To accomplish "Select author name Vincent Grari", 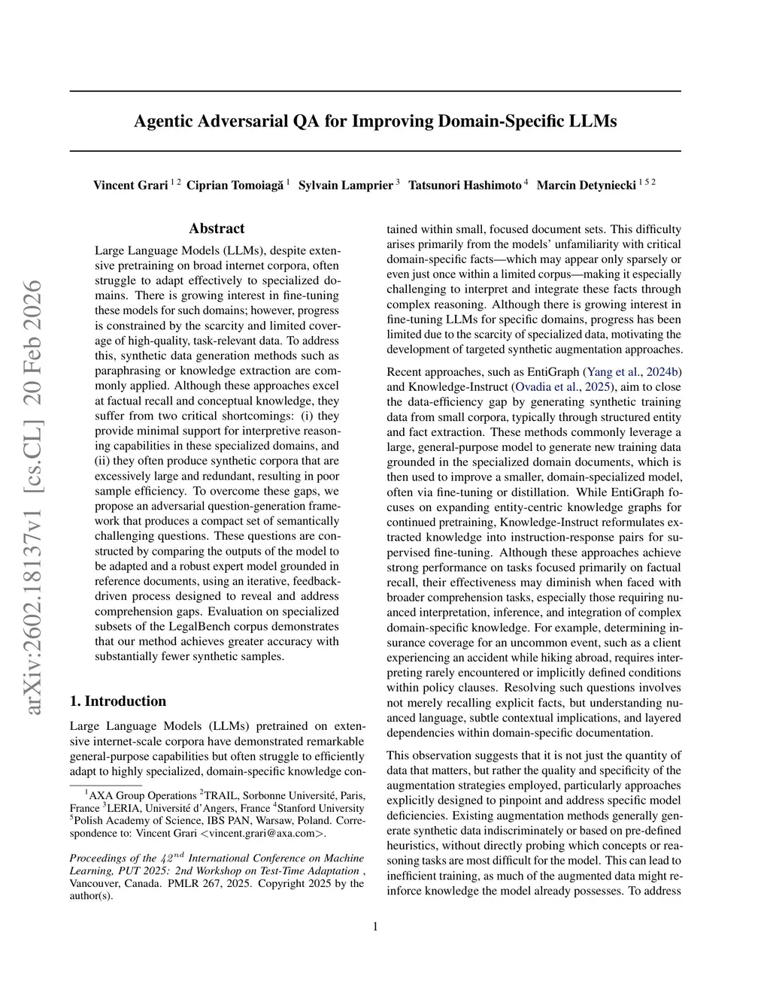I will click(130, 185).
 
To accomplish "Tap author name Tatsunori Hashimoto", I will click(464, 185).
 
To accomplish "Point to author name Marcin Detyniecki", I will click(586, 185).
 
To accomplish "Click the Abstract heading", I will click(217, 229).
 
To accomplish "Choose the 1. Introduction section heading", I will click(117, 701).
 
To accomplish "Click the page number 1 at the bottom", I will click(375, 926).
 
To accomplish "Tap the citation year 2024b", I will click(664, 372).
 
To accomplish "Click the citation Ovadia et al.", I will click(546, 387).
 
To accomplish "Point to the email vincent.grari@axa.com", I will click(261, 833).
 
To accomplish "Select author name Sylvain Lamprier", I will click(346, 185).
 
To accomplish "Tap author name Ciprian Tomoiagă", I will click(235, 185).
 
